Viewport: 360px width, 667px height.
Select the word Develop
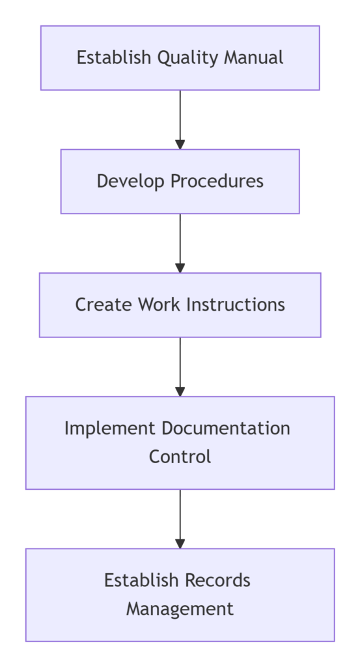(x=123, y=181)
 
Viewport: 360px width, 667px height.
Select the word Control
(x=180, y=457)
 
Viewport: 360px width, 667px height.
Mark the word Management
(x=180, y=609)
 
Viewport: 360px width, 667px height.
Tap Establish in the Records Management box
(x=141, y=580)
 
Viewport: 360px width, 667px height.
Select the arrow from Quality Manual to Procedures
(x=180, y=117)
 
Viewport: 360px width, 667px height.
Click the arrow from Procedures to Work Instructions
(x=180, y=241)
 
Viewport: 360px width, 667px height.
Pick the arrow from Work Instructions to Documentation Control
(x=180, y=365)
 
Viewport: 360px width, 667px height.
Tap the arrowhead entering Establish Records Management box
(x=180, y=543)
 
